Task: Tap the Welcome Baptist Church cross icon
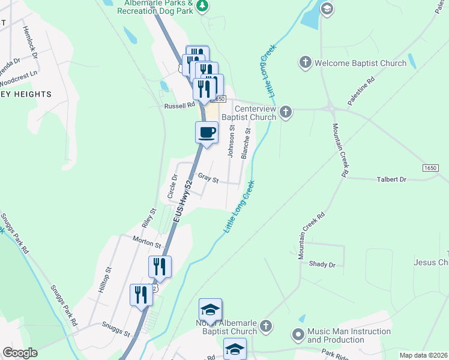(305, 62)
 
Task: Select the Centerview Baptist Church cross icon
(286, 112)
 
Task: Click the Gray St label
(208, 179)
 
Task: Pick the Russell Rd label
(180, 105)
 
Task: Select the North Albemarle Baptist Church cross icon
(266, 326)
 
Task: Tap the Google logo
(20, 353)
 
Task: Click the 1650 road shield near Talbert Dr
(430, 167)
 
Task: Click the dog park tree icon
(203, 6)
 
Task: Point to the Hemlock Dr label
(31, 41)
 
